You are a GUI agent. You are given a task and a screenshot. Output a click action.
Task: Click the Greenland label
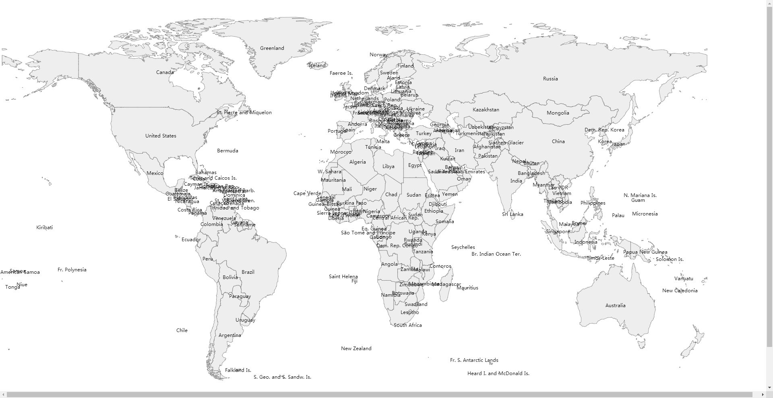[x=272, y=48]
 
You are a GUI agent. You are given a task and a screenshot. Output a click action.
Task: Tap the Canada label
[x=165, y=72]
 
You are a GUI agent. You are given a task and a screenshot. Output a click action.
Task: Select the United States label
[x=161, y=136]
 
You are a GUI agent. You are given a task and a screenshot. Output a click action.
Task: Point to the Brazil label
[x=248, y=272]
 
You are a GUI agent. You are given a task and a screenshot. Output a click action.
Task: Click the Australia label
[x=615, y=306]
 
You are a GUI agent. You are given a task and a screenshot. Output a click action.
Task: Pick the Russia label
[x=550, y=79]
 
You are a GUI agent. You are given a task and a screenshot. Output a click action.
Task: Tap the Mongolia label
[x=558, y=113]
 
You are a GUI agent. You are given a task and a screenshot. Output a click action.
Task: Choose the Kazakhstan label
[x=486, y=110]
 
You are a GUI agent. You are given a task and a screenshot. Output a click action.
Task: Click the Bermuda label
[x=227, y=151]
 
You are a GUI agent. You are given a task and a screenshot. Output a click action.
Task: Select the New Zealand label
[x=356, y=349]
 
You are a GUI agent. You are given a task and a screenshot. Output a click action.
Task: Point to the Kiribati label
[x=44, y=228]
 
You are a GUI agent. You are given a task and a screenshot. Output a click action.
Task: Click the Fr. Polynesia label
[x=72, y=270]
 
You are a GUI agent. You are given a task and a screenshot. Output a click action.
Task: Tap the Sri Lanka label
[x=512, y=214]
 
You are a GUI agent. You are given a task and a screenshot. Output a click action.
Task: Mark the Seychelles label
[x=463, y=247]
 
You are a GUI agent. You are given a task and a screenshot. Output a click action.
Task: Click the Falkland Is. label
[x=238, y=370]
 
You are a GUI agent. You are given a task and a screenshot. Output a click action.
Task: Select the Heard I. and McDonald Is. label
[x=498, y=373]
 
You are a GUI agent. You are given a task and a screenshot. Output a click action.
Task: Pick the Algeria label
[x=358, y=162]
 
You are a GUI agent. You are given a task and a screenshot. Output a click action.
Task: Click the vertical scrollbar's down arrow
[x=769, y=388]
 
